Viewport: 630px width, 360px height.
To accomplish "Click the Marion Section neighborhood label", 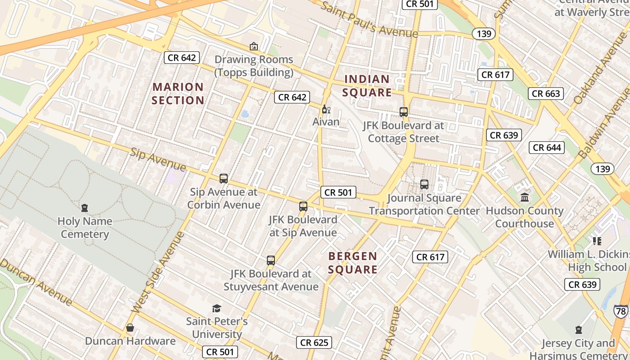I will click(x=178, y=94).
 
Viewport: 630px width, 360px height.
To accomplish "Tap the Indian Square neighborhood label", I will click(x=367, y=86).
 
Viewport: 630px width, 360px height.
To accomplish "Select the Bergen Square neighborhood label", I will click(x=352, y=263).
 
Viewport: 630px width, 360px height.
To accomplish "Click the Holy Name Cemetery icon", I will click(x=85, y=208).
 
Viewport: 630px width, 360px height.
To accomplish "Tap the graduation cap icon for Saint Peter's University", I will click(x=217, y=308).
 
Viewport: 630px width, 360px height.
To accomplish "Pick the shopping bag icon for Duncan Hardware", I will click(x=130, y=328).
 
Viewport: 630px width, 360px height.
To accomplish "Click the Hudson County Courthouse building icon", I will click(x=525, y=197).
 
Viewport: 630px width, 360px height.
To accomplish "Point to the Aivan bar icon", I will click(x=326, y=109).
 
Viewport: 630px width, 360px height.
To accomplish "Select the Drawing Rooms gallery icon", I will click(x=254, y=46).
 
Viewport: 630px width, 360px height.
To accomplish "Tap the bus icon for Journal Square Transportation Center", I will click(x=424, y=184).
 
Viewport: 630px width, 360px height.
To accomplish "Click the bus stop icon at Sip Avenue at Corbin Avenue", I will click(x=224, y=179).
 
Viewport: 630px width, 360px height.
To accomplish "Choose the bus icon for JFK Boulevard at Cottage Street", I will click(x=404, y=112).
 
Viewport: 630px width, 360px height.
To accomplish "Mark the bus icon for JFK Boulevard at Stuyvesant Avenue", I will click(x=271, y=261).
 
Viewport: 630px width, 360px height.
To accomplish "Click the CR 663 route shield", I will click(x=546, y=94).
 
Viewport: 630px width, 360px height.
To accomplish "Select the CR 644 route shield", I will click(x=547, y=148).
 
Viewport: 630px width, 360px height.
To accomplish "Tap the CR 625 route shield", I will click(x=314, y=343).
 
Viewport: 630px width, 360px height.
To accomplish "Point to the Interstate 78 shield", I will click(x=621, y=311).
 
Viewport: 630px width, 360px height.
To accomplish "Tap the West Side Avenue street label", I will click(x=158, y=273).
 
